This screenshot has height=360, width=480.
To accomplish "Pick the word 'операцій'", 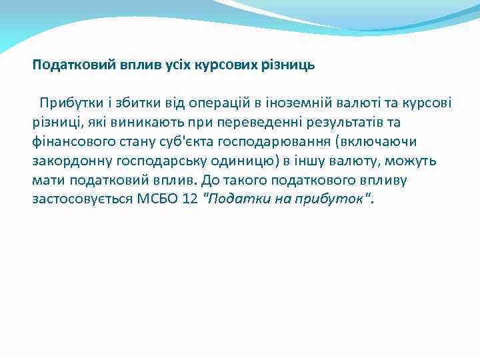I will click(x=219, y=103).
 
